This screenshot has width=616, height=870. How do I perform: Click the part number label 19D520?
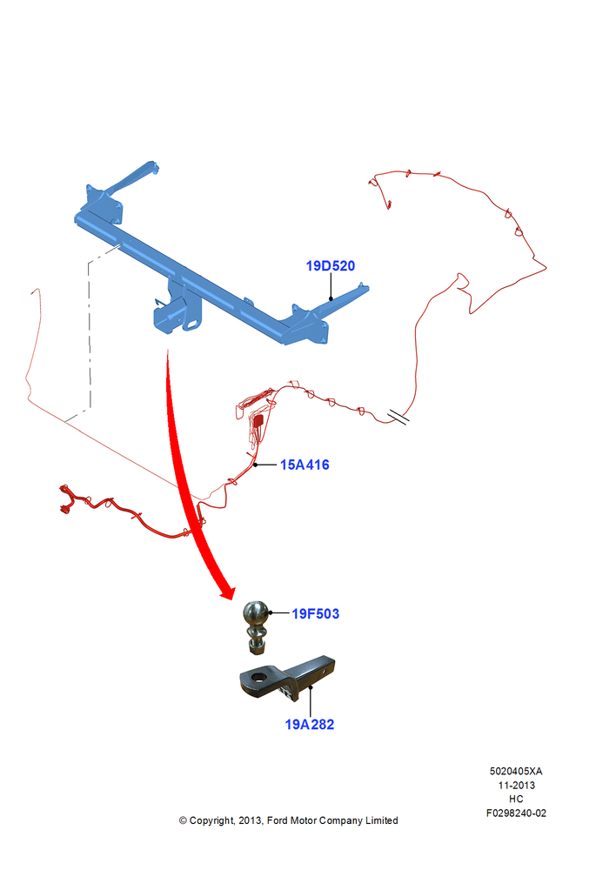coord(331,265)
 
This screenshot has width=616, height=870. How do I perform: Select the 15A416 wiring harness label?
coord(305,465)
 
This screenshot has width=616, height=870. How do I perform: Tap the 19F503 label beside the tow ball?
coord(315,613)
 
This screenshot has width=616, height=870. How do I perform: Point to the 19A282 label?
coord(310,725)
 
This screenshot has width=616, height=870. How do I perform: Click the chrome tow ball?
coord(256,615)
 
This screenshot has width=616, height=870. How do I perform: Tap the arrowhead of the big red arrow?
coord(228,592)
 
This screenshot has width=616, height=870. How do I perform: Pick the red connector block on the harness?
coord(258,419)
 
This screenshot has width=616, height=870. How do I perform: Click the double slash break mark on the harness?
coord(398,417)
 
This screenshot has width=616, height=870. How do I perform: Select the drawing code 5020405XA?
coord(516,771)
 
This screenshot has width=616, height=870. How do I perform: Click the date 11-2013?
coord(516,785)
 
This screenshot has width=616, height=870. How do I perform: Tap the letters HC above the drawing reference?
coord(516,799)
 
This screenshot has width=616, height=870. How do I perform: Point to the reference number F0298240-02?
coord(516,813)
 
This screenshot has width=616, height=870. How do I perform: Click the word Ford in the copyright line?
coord(277,820)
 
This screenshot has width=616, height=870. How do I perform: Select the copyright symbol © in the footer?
coord(183,820)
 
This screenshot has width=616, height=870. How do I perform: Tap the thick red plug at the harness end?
coord(65,499)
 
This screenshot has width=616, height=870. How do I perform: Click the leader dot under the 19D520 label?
coord(331,298)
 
